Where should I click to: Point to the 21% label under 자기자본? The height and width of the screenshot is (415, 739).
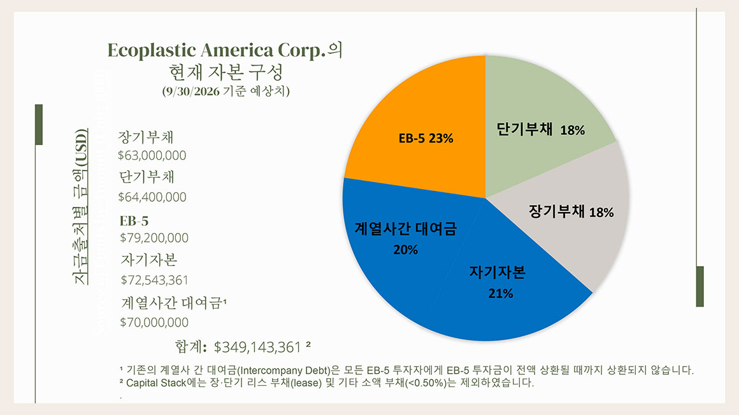(x=500, y=293)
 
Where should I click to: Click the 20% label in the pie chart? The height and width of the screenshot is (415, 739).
(x=405, y=250)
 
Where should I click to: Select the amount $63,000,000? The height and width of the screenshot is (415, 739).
(x=152, y=155)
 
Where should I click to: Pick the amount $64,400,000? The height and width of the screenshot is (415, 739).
(x=152, y=197)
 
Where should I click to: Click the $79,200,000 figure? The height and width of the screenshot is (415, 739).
(x=154, y=238)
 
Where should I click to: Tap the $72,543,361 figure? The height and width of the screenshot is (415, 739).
(x=154, y=280)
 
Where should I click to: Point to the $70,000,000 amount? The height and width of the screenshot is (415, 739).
(x=154, y=322)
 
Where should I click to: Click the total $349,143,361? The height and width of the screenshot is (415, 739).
(x=257, y=348)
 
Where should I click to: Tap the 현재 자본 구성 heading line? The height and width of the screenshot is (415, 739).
(x=226, y=71)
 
